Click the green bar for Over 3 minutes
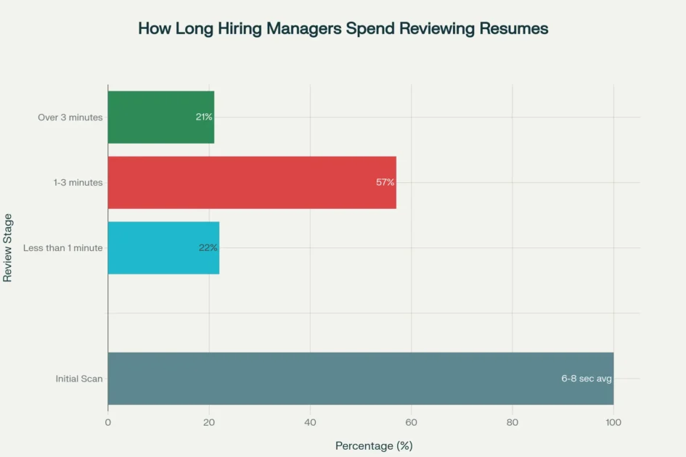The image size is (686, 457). point(160,117)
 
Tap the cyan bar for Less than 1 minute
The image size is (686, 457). point(163,247)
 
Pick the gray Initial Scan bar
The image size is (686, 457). point(360,378)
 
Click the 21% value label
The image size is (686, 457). point(204,117)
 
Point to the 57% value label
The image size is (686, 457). point(385,182)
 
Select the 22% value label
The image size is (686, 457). point(208,247)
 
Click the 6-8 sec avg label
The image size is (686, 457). point(587,378)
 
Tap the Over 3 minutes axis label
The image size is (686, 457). point(70,117)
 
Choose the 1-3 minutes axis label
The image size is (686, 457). point(78,182)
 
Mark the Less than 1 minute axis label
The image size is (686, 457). point(63,247)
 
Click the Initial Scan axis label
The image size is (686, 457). point(79,378)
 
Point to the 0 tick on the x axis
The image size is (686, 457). point(108,422)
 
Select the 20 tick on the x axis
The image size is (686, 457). point(209,422)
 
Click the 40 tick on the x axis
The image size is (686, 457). point(310,422)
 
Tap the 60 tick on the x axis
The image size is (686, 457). point(411,422)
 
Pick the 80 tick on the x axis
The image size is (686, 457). point(513,422)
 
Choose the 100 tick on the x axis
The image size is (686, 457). point(613,422)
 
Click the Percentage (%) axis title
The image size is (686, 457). point(373,445)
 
